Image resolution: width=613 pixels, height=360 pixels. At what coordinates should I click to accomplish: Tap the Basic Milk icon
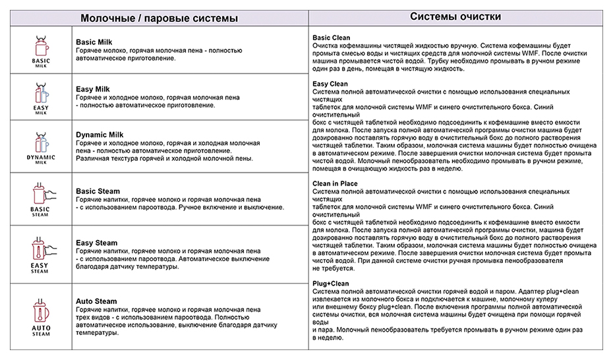(x=41, y=47)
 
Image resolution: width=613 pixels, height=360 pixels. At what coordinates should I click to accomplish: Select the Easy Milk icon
(x=40, y=94)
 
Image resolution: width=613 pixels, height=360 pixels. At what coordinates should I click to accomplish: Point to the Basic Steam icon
(x=40, y=195)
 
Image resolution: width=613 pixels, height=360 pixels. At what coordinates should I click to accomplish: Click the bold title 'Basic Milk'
(x=94, y=42)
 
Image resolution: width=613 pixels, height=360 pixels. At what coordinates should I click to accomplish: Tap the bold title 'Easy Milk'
(x=93, y=89)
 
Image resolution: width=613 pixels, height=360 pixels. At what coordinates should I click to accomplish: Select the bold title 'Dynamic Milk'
(x=100, y=135)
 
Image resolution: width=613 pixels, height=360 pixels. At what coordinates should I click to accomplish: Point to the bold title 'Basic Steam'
(x=98, y=191)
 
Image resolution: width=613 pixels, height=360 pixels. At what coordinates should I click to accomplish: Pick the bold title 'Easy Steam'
(x=96, y=243)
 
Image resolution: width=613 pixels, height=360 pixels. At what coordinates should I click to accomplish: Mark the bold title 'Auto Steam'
(x=96, y=301)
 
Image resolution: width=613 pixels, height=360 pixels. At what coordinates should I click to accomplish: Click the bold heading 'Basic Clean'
(x=331, y=38)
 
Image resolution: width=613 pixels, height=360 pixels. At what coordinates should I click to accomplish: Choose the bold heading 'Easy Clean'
(x=330, y=84)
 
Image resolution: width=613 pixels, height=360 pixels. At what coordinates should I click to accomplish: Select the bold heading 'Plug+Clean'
(x=330, y=284)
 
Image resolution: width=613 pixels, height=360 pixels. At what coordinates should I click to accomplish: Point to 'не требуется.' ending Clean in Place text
(x=334, y=269)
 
